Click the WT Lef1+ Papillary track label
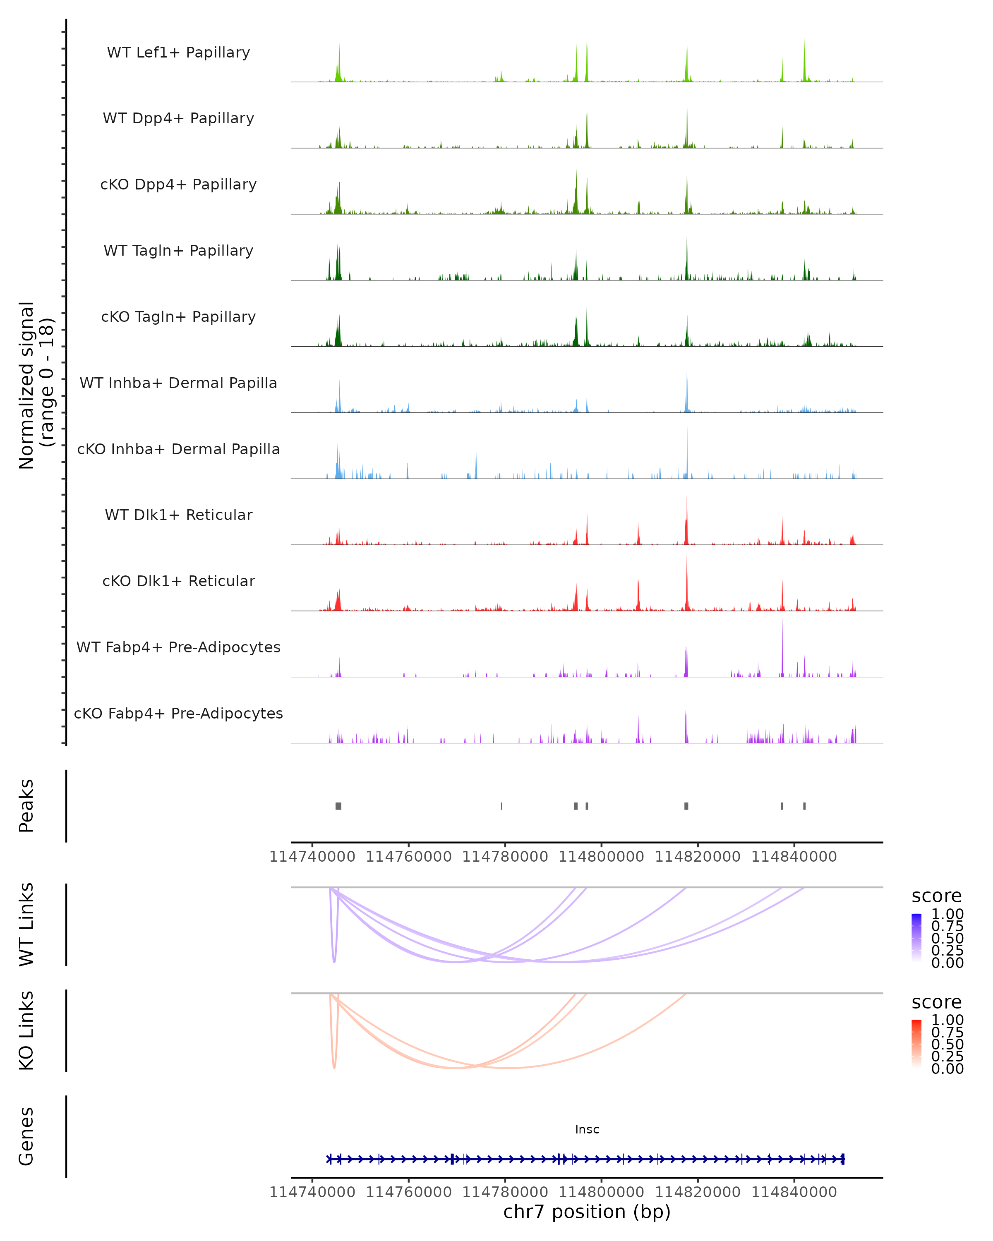(178, 53)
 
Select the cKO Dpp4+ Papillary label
(178, 185)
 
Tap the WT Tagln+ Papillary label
(178, 251)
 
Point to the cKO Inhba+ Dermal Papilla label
(178, 450)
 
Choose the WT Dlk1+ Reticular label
(178, 515)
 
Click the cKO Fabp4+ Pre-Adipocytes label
(178, 714)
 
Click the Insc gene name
(587, 1130)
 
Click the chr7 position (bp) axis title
(587, 1212)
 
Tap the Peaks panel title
(26, 806)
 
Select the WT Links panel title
(26, 925)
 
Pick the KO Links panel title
(26, 1031)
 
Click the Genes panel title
(26, 1137)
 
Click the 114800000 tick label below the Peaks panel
(602, 857)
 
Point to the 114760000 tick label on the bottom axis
(409, 1192)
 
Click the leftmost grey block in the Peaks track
(338, 806)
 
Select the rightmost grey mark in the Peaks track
(804, 806)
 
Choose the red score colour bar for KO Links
(917, 1044)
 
